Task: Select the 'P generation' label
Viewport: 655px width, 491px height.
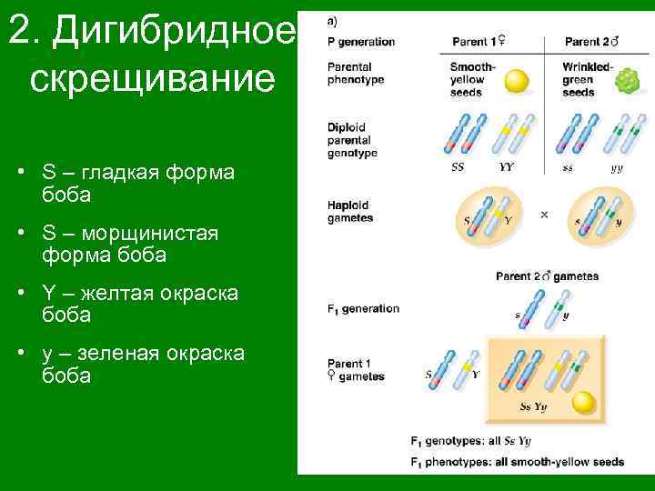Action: click(x=361, y=42)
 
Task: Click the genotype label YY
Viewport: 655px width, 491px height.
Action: click(x=508, y=167)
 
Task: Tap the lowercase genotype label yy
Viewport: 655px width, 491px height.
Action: click(x=617, y=167)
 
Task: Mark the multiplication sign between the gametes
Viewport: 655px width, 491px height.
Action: click(x=544, y=215)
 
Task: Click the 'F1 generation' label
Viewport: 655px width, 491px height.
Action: click(x=363, y=308)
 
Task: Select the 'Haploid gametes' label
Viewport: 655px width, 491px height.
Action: click(x=350, y=212)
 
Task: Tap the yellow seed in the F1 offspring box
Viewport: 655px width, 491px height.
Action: click(x=584, y=403)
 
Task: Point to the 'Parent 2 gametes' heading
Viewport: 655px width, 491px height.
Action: click(x=547, y=276)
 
